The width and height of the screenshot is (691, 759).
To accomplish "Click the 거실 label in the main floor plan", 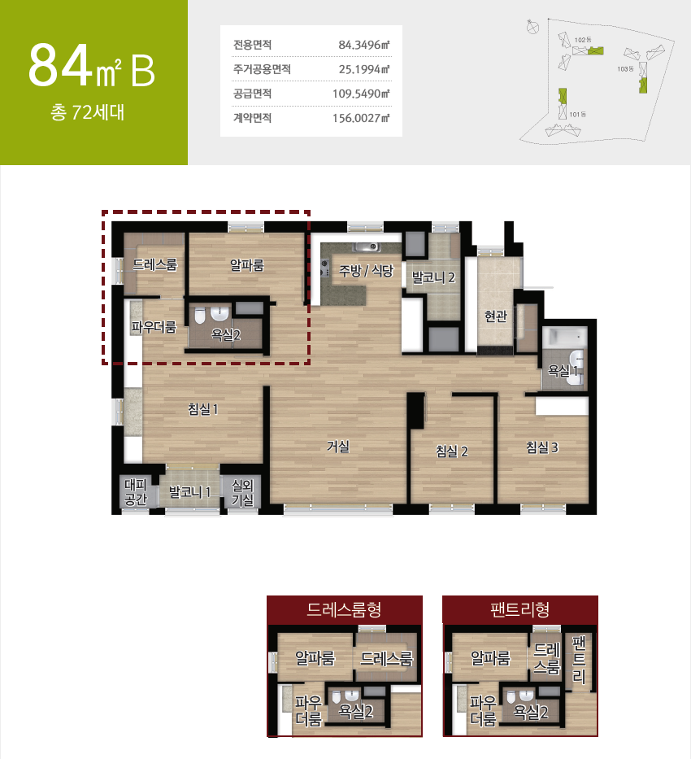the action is pyautogui.click(x=338, y=446).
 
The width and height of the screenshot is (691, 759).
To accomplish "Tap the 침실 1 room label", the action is pyautogui.click(x=203, y=409).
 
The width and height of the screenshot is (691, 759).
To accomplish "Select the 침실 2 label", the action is pyautogui.click(x=452, y=451).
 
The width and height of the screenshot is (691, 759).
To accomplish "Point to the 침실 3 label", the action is pyautogui.click(x=542, y=447).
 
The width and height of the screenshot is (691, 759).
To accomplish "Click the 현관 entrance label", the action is pyautogui.click(x=496, y=316).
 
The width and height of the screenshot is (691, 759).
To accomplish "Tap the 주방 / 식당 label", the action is pyautogui.click(x=366, y=271).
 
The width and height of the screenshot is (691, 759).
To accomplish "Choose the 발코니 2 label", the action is pyautogui.click(x=433, y=277).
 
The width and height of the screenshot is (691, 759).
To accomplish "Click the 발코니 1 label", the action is pyautogui.click(x=189, y=492).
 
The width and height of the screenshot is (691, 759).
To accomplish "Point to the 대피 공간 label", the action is pyautogui.click(x=136, y=492).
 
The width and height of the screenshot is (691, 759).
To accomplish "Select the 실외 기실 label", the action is pyautogui.click(x=243, y=492).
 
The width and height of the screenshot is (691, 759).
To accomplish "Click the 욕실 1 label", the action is pyautogui.click(x=563, y=371).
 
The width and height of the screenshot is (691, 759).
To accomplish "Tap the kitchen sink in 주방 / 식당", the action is pyautogui.click(x=367, y=247).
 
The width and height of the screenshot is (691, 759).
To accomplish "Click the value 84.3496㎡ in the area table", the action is pyautogui.click(x=363, y=45).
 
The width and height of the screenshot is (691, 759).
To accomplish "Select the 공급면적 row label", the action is pyautogui.click(x=252, y=94).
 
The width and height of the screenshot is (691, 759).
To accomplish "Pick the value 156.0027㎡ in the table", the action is pyautogui.click(x=361, y=118).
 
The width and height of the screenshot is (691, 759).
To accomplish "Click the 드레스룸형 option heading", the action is pyautogui.click(x=345, y=609).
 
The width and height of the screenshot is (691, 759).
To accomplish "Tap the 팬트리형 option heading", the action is pyautogui.click(x=519, y=609).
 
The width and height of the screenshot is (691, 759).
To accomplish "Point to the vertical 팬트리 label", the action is pyautogui.click(x=579, y=659).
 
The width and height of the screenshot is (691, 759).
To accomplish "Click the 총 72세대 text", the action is pyautogui.click(x=88, y=112).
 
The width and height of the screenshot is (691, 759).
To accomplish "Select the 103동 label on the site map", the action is pyautogui.click(x=625, y=69).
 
